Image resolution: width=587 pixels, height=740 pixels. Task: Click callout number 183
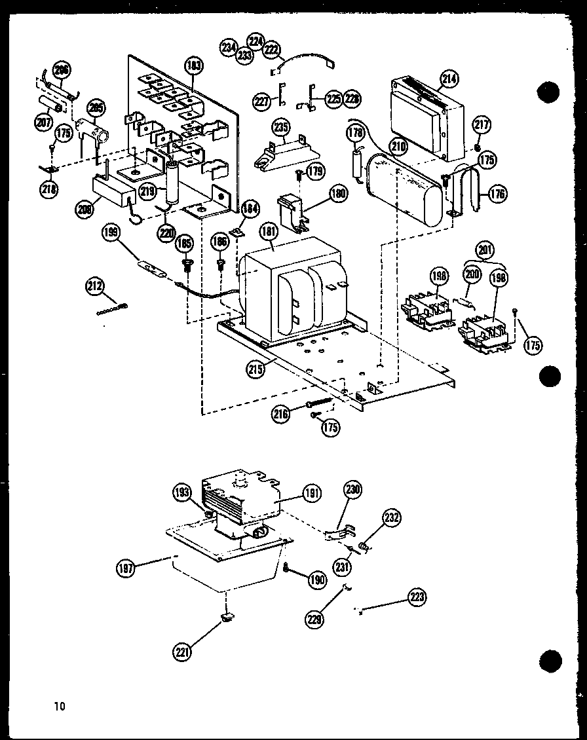pos(195,65)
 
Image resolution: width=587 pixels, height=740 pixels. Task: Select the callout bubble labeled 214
pos(449,79)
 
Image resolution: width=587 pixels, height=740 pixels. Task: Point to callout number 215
pos(256,369)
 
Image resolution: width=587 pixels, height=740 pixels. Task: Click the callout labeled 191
pos(312,494)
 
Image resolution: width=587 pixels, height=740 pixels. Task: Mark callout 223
pos(417,597)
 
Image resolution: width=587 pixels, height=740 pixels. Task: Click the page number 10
pos(60,705)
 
